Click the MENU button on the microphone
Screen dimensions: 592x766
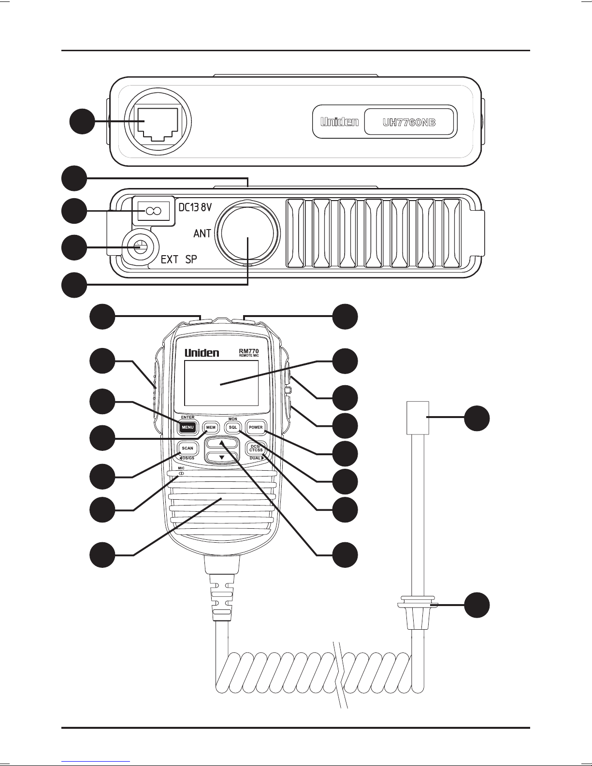(x=188, y=427)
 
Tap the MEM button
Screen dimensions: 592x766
(x=211, y=427)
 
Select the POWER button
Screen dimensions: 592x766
(x=256, y=427)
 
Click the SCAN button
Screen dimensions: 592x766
(x=188, y=448)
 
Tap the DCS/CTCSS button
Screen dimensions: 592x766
(x=256, y=448)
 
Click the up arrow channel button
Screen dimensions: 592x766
(x=222, y=443)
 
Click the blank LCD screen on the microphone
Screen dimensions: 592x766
(x=221, y=383)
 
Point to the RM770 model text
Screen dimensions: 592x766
(x=249, y=351)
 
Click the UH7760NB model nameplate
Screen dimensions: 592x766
(x=409, y=122)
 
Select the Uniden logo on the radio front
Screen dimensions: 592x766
(x=339, y=122)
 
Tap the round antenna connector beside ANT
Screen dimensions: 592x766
(x=248, y=233)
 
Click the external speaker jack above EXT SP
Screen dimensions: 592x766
(x=140, y=247)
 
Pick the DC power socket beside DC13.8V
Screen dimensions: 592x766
(x=154, y=211)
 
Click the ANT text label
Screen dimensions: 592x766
(x=202, y=233)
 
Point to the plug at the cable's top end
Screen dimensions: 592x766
(x=418, y=418)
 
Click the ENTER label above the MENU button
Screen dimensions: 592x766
(x=188, y=418)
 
